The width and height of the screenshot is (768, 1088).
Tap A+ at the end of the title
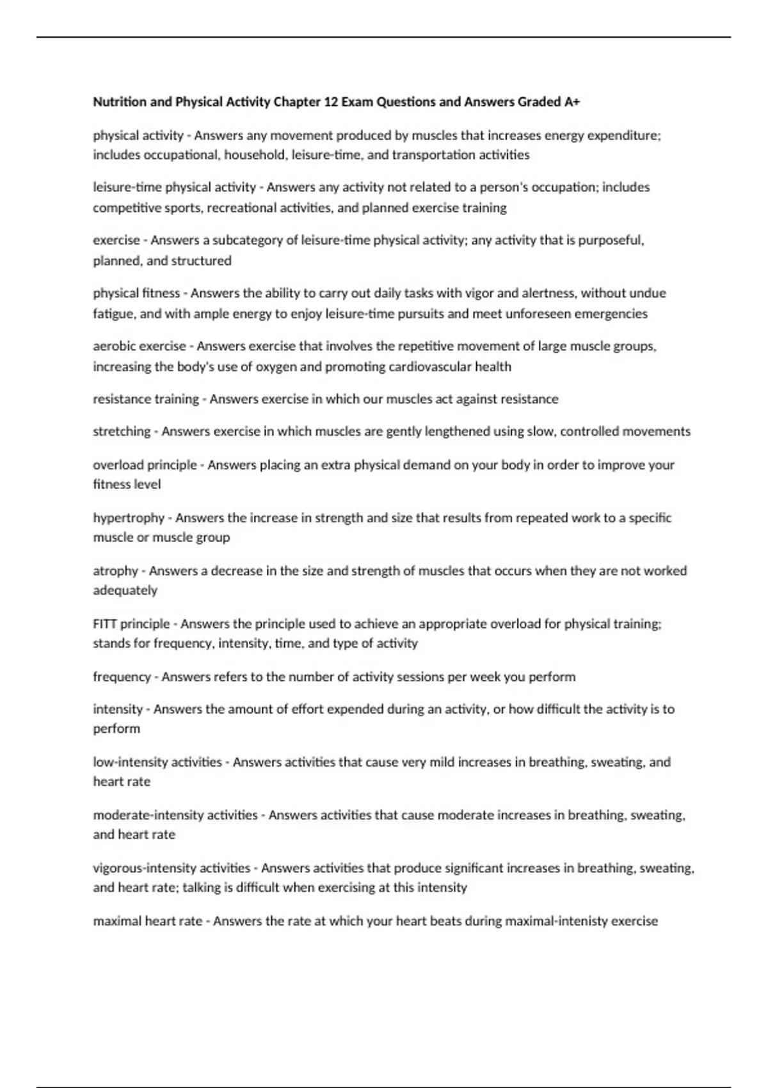point(572,102)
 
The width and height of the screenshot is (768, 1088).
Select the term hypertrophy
point(129,518)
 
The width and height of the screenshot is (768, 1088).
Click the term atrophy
point(116,571)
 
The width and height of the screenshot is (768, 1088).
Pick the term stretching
point(122,431)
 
